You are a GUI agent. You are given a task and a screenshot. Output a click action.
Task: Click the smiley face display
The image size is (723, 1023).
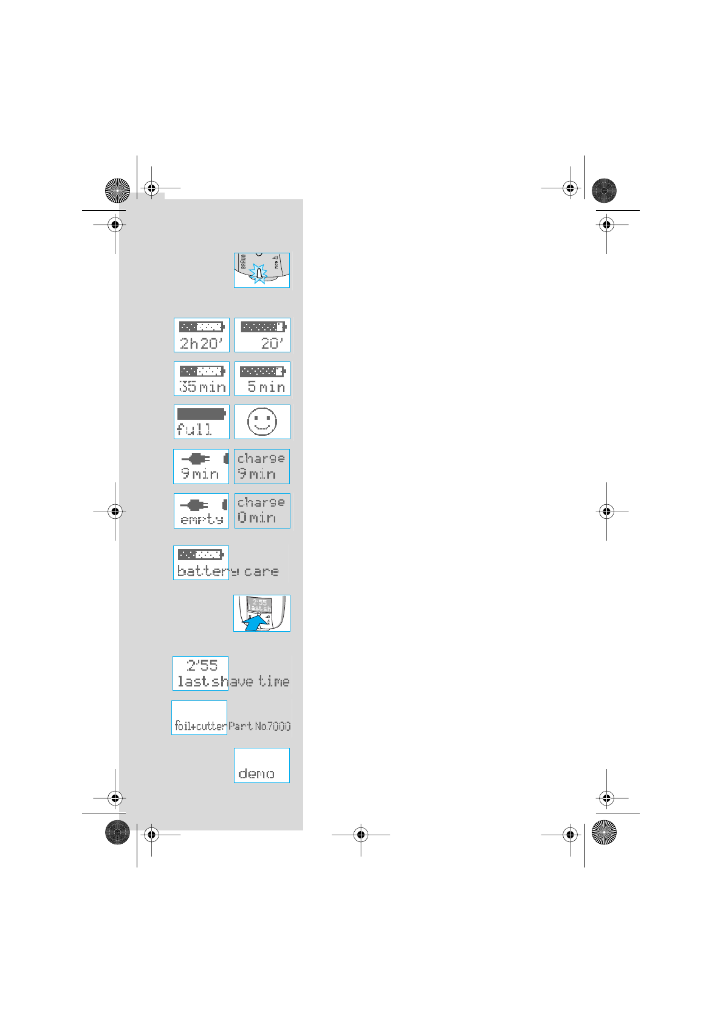262,422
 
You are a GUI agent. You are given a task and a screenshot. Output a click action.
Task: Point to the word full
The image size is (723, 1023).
194,429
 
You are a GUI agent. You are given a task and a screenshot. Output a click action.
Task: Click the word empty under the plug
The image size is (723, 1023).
202,519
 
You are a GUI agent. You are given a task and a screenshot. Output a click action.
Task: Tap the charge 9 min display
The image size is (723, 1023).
262,467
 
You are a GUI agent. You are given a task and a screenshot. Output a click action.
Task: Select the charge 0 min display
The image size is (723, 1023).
262,511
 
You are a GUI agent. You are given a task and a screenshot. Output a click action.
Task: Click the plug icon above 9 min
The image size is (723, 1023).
196,459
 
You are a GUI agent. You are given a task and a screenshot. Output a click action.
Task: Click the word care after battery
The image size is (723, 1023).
261,571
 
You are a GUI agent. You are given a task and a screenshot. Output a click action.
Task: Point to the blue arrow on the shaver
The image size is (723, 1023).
256,623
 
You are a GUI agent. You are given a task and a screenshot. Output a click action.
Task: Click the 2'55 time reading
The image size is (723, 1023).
202,665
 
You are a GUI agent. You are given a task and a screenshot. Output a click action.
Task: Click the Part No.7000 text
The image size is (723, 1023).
259,725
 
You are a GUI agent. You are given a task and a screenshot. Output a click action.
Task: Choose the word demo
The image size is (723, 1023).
256,773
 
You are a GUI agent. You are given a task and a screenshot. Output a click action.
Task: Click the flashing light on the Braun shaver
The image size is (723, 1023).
259,274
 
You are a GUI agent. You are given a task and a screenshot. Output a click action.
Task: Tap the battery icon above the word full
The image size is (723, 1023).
201,414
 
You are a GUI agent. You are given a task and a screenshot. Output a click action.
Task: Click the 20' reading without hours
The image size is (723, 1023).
272,343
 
